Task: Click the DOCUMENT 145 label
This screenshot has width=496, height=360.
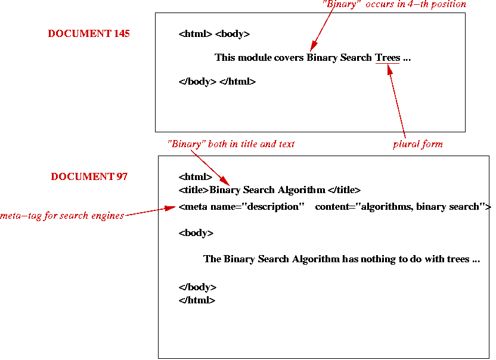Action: coord(89,34)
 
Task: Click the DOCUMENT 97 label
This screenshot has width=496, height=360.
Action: coord(89,176)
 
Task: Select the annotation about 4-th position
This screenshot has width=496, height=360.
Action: coord(394,4)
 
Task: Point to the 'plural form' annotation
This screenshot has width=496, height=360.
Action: coord(418,144)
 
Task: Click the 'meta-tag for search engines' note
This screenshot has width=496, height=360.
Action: coord(62,216)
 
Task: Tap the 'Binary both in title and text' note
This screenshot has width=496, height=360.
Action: coord(231,144)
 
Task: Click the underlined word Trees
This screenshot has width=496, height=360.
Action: coord(387,58)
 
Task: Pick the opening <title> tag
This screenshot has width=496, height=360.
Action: coord(194,191)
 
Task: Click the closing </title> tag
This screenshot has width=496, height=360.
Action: coord(344,191)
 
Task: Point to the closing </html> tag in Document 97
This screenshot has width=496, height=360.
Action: coord(197,300)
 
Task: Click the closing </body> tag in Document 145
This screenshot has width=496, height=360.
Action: coord(197,82)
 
